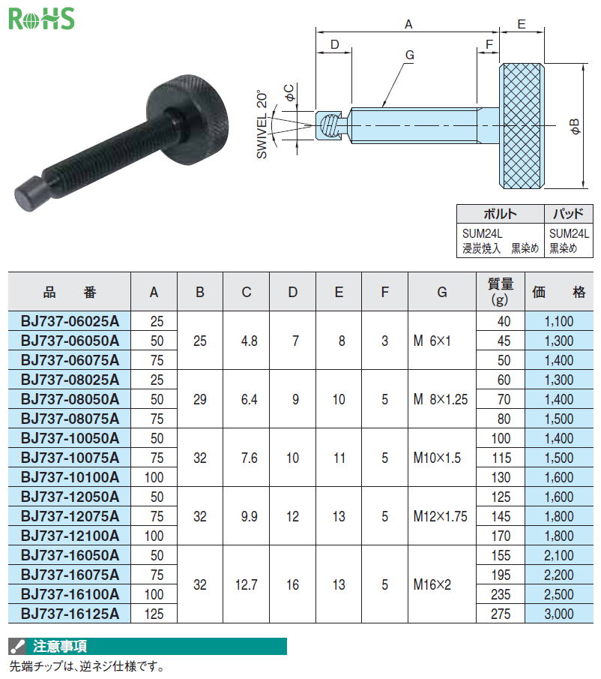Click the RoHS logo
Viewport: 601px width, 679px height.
[x=41, y=19]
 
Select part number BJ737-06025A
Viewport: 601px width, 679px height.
[x=70, y=321]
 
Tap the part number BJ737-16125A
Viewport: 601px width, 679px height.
[x=70, y=614]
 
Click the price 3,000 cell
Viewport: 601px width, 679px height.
[x=558, y=614]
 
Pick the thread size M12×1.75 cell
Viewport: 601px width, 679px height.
[x=440, y=516]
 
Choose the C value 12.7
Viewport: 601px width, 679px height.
[x=246, y=584]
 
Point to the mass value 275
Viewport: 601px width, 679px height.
[x=501, y=614]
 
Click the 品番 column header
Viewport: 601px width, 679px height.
[x=69, y=293]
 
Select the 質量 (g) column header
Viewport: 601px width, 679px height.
[x=501, y=291]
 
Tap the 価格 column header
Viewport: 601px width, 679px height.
[x=558, y=293]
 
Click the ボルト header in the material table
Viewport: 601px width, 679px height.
[x=501, y=214]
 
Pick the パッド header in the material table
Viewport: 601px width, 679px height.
[x=568, y=214]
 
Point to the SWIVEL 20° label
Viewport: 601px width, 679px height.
[x=262, y=125]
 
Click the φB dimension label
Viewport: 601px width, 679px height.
[x=575, y=126]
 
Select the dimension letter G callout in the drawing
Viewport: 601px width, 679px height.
[x=409, y=55]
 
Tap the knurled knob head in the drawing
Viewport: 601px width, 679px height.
[x=522, y=126]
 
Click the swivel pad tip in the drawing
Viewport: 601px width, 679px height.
[x=329, y=125]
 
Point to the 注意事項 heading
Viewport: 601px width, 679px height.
[x=60, y=646]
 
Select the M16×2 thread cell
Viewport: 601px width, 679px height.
[x=432, y=584]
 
